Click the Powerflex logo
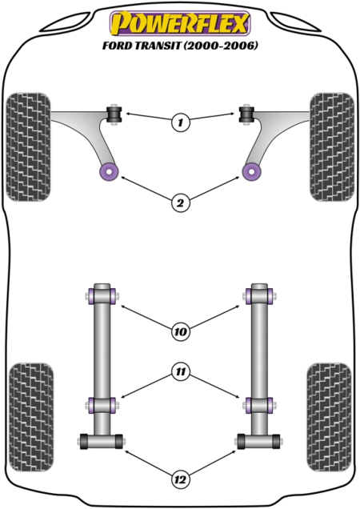(180, 22)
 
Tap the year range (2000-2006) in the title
(221, 46)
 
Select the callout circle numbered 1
(181, 122)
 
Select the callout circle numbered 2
(181, 203)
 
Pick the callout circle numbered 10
(181, 332)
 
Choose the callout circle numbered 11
(181, 371)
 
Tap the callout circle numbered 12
(181, 479)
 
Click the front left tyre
(29, 147)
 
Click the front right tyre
(332, 147)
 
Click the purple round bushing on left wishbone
(109, 171)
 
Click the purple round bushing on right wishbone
(251, 171)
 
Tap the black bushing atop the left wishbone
(114, 114)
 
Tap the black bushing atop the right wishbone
(246, 114)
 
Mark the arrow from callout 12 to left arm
(149, 463)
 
